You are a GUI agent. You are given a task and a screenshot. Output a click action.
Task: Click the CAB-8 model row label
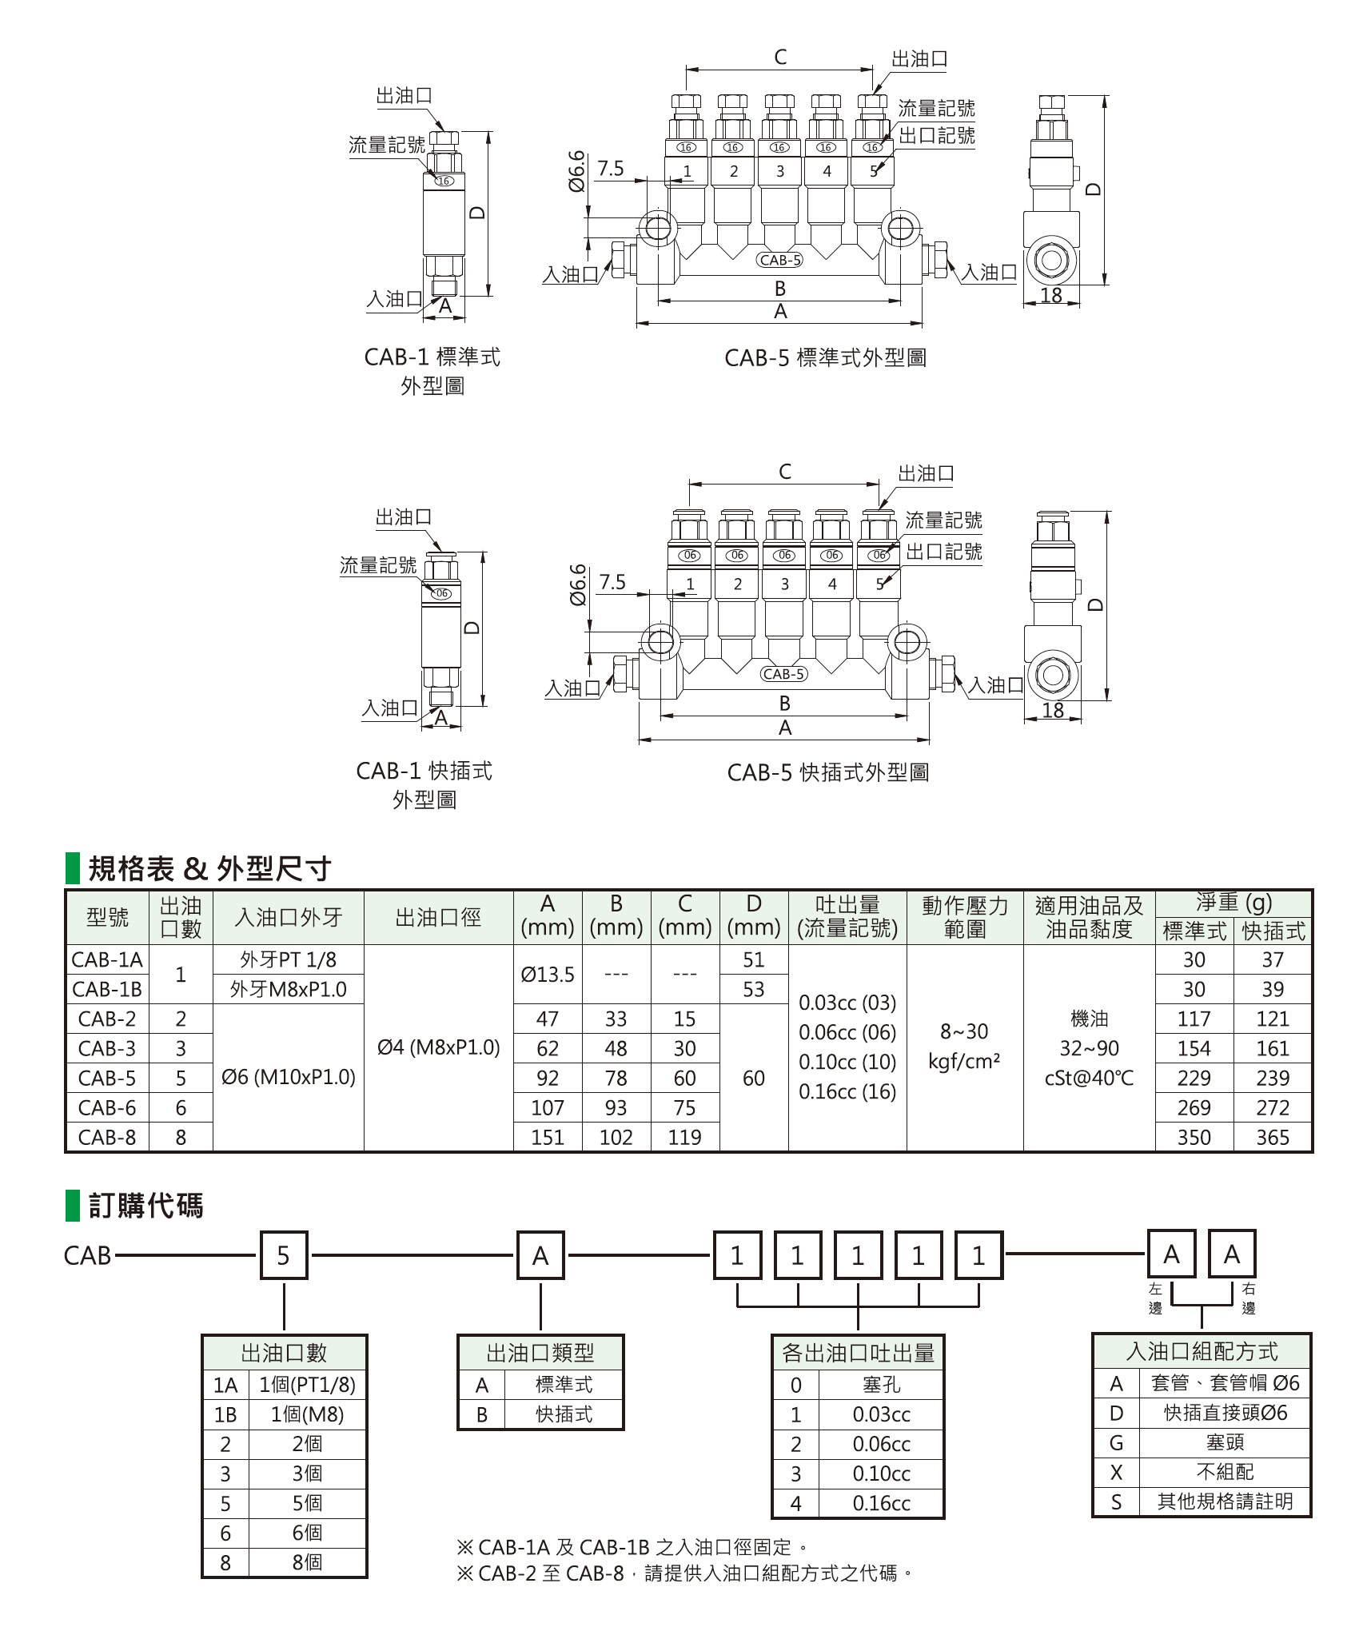coord(107,1137)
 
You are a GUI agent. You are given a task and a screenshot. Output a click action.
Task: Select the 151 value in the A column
coord(548,1137)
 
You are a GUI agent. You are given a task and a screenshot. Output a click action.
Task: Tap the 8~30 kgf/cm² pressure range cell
coord(965,1047)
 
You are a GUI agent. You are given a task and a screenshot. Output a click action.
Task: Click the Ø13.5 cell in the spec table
coord(548,975)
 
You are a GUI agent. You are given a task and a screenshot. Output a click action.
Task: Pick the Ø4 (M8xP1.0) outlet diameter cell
coord(438,1047)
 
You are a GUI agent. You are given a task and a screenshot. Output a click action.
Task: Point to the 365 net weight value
coord(1273,1137)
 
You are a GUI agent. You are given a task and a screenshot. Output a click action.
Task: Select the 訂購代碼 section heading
coord(145,1206)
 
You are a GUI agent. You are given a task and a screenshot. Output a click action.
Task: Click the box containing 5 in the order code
coord(284,1256)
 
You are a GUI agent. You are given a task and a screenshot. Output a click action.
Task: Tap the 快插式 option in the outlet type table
coord(564,1414)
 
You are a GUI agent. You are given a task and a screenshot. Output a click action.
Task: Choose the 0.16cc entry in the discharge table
coord(881,1503)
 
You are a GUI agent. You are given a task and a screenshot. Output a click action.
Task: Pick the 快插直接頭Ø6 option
coord(1225,1413)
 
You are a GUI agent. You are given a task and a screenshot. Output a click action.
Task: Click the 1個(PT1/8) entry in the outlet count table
coord(307,1385)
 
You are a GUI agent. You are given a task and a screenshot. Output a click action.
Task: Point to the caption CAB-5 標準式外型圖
coord(825,357)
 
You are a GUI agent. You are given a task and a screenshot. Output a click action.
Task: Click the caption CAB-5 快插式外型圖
coord(827,772)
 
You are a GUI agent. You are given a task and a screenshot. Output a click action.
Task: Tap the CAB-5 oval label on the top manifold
coord(779,260)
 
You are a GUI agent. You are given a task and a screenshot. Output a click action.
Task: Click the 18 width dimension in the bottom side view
coord(1053,709)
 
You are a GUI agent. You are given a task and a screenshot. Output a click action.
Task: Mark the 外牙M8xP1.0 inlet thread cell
coord(288,989)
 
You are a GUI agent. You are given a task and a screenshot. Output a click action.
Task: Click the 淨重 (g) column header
coord(1234,903)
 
